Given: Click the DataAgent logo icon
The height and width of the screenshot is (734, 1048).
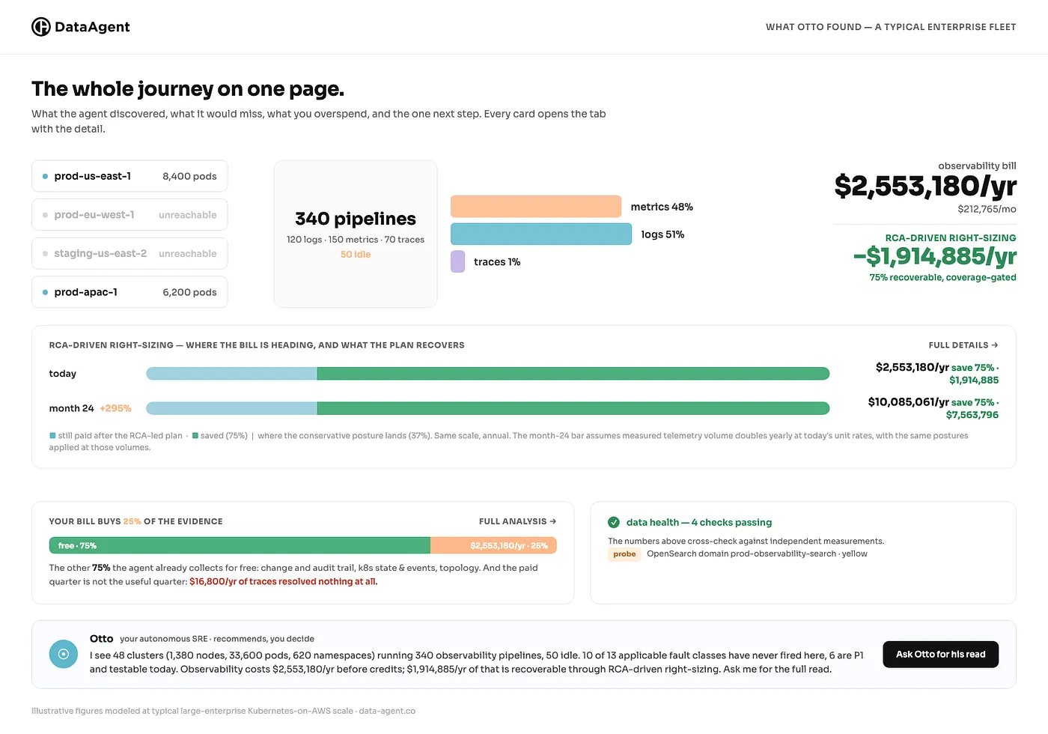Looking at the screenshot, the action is [40, 27].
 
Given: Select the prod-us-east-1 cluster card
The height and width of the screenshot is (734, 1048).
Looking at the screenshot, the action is [130, 176].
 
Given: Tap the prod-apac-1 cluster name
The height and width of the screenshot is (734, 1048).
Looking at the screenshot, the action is [85, 292].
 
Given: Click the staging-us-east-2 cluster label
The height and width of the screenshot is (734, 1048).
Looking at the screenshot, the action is [100, 253].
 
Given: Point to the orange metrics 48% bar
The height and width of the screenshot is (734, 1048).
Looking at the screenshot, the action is [536, 207].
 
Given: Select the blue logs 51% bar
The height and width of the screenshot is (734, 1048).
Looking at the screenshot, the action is [540, 234].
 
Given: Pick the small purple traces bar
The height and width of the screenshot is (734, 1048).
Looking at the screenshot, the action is [457, 261].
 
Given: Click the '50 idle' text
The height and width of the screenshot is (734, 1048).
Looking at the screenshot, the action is [356, 254].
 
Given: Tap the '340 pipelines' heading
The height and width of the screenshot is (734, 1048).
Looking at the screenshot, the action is [356, 219].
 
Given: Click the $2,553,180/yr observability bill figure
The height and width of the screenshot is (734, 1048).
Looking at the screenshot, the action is [925, 186].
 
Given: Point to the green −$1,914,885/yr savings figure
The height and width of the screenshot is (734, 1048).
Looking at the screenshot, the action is [935, 255].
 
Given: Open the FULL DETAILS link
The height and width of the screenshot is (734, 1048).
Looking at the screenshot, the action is [963, 345].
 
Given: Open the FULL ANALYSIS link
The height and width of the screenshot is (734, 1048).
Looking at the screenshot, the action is [517, 521].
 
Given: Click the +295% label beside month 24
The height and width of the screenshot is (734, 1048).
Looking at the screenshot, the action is [115, 408].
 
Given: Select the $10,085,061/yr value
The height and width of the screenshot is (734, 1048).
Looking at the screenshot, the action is [909, 401].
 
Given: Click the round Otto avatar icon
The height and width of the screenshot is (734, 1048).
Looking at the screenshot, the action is [64, 654].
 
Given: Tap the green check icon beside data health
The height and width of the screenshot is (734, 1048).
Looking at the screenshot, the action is [614, 522].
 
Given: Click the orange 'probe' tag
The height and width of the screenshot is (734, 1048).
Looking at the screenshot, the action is [624, 553].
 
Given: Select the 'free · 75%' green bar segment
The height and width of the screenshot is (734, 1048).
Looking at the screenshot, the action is [240, 545].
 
